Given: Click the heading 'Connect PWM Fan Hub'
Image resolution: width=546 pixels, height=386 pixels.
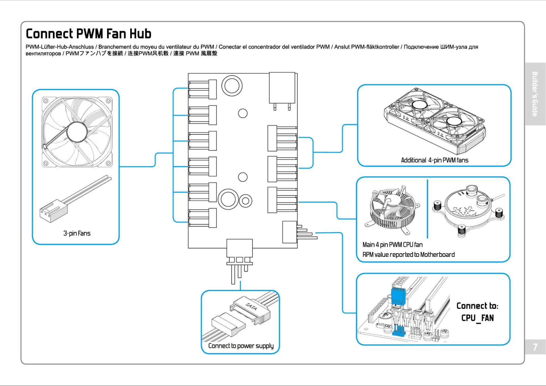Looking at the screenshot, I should [88, 34].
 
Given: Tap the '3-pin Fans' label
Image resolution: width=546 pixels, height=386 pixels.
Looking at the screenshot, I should [77, 234].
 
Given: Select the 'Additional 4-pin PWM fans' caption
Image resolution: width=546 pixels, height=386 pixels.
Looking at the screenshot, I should [435, 160].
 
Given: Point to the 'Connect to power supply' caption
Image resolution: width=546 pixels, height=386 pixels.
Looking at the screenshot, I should [241, 346].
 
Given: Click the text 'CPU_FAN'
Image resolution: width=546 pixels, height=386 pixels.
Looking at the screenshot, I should [478, 318].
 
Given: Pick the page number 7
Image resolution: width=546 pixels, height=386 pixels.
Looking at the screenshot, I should [535, 347].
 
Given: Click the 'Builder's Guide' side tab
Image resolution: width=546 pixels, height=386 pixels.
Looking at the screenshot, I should [535, 94].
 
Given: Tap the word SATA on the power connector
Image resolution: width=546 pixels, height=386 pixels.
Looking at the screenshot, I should [252, 306].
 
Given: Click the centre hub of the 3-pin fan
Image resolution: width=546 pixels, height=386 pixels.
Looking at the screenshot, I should [77, 132].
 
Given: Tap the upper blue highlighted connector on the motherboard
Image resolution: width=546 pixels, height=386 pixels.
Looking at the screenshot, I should [398, 296].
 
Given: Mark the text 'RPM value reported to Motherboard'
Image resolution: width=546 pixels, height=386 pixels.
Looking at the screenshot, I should [408, 255].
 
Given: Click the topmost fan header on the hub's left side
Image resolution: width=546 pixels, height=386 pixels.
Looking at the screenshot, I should [202, 89].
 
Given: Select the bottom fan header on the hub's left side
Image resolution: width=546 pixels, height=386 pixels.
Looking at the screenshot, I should [202, 218].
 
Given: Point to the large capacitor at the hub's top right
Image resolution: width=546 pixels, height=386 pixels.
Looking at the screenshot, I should [282, 88].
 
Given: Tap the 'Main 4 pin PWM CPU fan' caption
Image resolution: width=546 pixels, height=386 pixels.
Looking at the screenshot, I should [393, 245].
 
